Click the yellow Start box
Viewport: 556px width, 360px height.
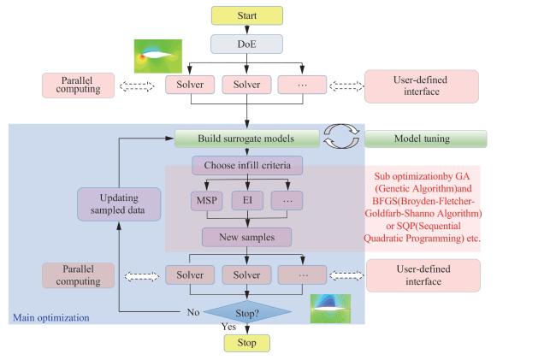[246, 15]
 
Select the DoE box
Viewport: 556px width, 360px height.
[246, 44]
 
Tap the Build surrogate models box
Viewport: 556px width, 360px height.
[246, 139]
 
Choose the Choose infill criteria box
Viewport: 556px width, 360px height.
[246, 164]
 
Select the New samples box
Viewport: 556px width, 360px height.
[246, 236]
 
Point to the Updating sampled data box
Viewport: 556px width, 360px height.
[119, 204]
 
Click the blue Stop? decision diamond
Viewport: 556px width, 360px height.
[246, 312]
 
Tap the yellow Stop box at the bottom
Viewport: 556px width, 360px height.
[246, 343]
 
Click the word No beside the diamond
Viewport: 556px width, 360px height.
[194, 312]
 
